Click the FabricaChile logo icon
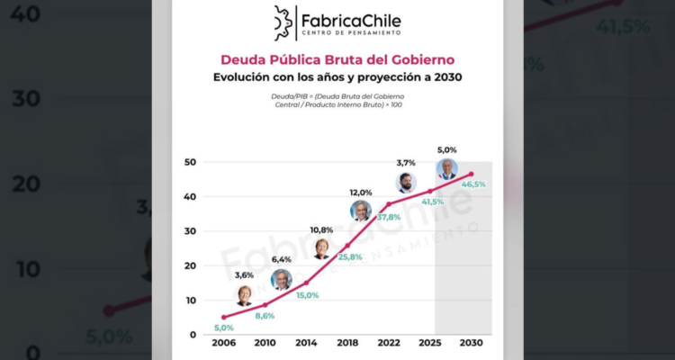[283, 23]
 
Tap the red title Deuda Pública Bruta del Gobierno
[337, 59]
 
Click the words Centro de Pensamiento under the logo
[351, 32]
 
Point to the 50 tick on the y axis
[190, 162]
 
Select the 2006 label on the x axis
[223, 343]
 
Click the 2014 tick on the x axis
[306, 343]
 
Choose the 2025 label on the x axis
[430, 343]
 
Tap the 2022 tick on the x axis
[389, 343]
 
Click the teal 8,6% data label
[265, 316]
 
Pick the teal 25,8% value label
[349, 257]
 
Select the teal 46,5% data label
[473, 184]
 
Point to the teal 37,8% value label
[389, 217]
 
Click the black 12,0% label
[361, 193]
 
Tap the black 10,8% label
[321, 230]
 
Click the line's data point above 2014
[306, 283]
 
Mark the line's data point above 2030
[472, 174]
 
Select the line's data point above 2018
[347, 246]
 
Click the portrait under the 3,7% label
[406, 183]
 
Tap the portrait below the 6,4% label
[282, 280]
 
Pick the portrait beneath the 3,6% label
[244, 296]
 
